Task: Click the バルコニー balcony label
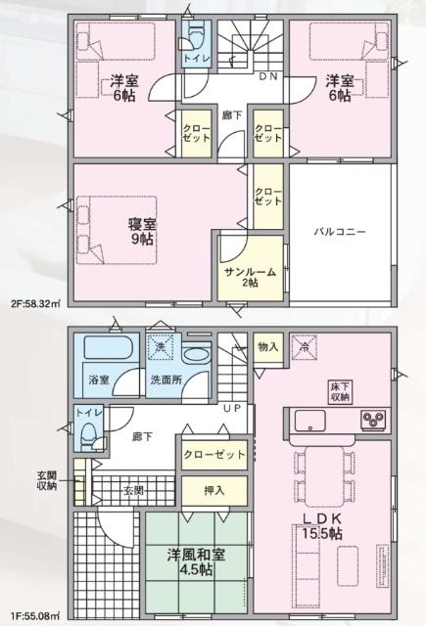pyautogui.click(x=340, y=233)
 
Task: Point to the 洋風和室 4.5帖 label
pyautogui.click(x=196, y=562)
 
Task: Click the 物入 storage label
pyautogui.click(x=267, y=346)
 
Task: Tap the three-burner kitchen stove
pyautogui.click(x=373, y=422)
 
